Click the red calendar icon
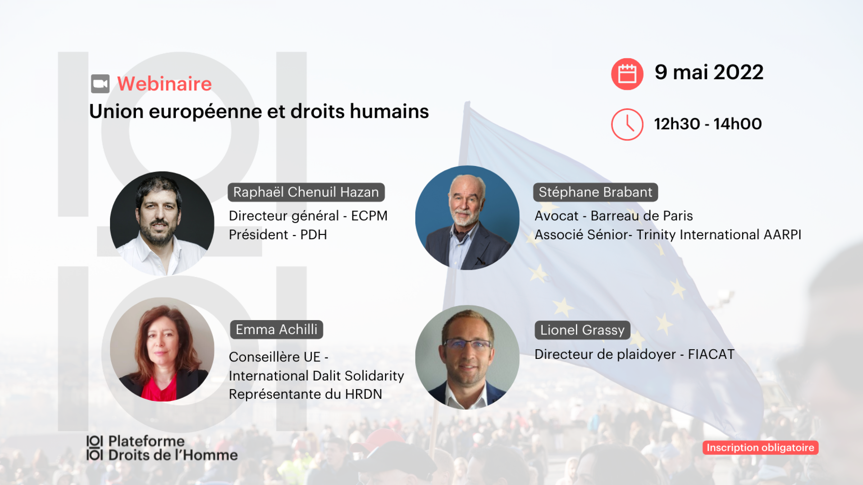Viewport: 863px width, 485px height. (x=627, y=74)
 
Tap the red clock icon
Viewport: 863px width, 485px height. (x=627, y=124)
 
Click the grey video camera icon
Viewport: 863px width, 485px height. (x=100, y=84)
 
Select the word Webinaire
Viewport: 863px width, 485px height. (x=165, y=84)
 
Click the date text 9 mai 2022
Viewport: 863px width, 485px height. (x=709, y=72)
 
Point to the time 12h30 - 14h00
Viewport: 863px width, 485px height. (x=708, y=124)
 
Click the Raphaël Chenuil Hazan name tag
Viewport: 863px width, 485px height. (x=306, y=192)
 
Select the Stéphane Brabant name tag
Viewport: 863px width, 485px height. (x=595, y=192)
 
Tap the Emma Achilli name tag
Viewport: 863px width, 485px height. (x=277, y=329)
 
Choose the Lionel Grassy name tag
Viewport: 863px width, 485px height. (x=583, y=330)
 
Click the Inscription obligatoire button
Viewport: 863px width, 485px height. (x=761, y=448)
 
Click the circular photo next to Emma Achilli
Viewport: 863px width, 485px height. (x=162, y=349)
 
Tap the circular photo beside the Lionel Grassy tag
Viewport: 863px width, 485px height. (x=467, y=357)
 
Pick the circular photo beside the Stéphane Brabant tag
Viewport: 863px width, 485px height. (x=467, y=218)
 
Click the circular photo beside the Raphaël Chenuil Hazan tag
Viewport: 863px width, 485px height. (x=162, y=223)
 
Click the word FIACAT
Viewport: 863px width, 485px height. (x=711, y=355)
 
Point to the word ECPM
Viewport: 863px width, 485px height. (x=369, y=216)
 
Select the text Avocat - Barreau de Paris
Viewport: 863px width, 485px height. (x=614, y=216)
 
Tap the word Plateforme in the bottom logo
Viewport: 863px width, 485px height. (x=146, y=441)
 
